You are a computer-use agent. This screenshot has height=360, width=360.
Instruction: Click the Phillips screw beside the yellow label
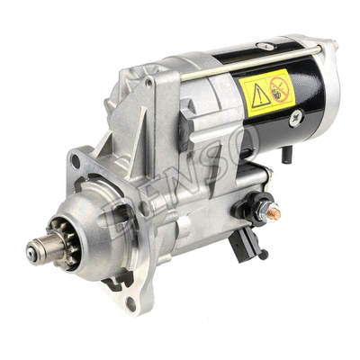tap(298, 114)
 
